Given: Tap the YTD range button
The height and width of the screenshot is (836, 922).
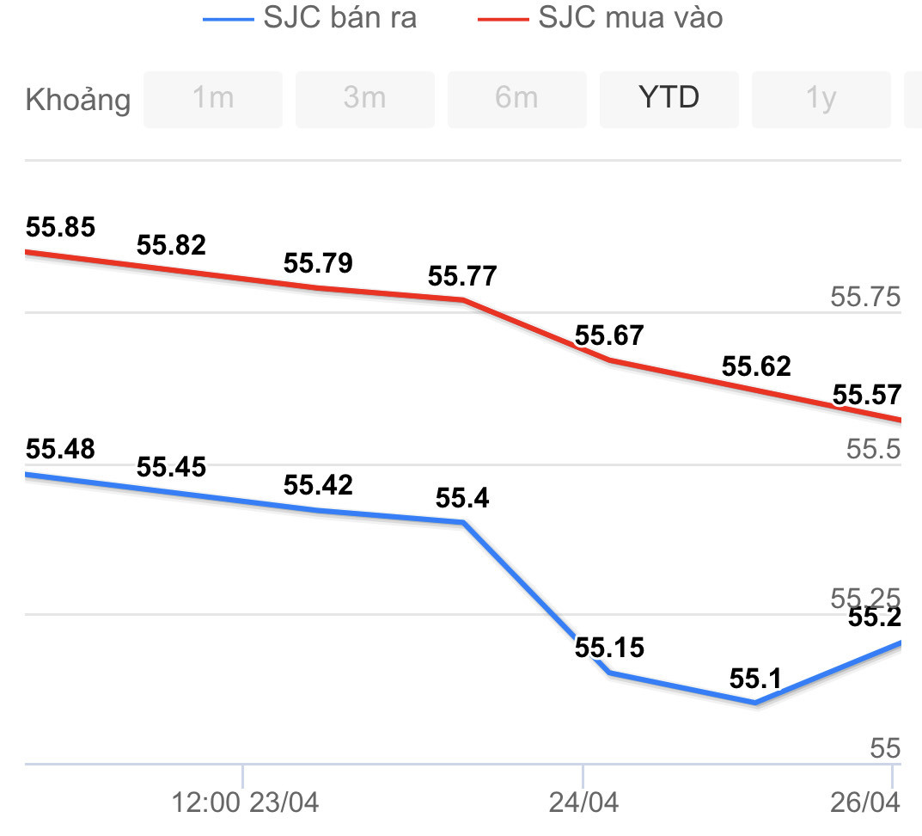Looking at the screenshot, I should (669, 98).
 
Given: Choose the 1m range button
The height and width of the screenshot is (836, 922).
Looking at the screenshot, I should (212, 98).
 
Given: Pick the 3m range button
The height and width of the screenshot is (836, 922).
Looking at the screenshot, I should (364, 98).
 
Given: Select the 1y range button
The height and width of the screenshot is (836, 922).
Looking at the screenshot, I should (821, 98).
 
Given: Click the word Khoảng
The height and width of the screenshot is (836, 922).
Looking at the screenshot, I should (78, 100).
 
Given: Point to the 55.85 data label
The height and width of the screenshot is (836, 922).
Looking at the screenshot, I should (60, 228).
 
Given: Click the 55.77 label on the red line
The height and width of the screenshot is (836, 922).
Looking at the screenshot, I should (462, 277).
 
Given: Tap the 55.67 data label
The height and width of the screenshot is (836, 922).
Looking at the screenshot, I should (609, 335).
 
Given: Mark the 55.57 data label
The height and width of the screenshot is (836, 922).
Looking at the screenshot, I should (867, 395).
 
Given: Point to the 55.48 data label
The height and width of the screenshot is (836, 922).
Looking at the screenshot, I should (60, 449).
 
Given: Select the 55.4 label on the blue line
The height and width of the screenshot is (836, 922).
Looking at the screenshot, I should (462, 498).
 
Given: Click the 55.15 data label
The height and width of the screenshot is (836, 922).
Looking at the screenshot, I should (609, 647).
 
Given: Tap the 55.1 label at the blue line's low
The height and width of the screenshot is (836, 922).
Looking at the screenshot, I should (755, 679).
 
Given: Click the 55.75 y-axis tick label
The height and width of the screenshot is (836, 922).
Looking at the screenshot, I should (865, 298).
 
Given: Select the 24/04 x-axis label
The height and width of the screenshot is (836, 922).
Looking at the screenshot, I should (583, 803).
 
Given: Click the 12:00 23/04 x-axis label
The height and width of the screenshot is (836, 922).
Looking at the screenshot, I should (246, 803).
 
